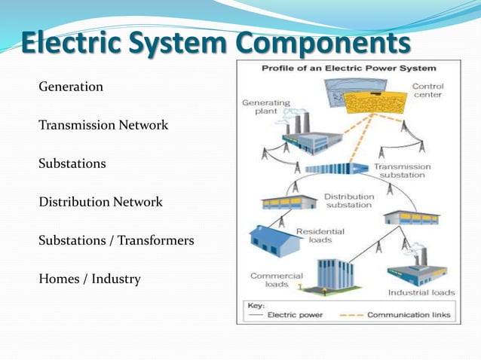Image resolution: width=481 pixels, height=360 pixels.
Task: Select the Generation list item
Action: [71, 87]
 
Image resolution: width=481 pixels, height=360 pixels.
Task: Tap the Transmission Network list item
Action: [103, 125]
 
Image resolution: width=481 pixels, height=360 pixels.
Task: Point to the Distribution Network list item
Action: [100, 202]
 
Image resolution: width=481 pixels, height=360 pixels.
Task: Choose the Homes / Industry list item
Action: [89, 279]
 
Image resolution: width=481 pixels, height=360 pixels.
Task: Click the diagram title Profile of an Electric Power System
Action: [348, 68]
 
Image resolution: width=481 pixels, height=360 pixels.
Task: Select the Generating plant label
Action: [261, 105]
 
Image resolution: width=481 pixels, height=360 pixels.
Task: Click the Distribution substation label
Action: [348, 200]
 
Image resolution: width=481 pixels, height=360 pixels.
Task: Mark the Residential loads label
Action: [320, 236]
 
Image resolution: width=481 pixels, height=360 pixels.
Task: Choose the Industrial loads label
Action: [421, 292]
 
